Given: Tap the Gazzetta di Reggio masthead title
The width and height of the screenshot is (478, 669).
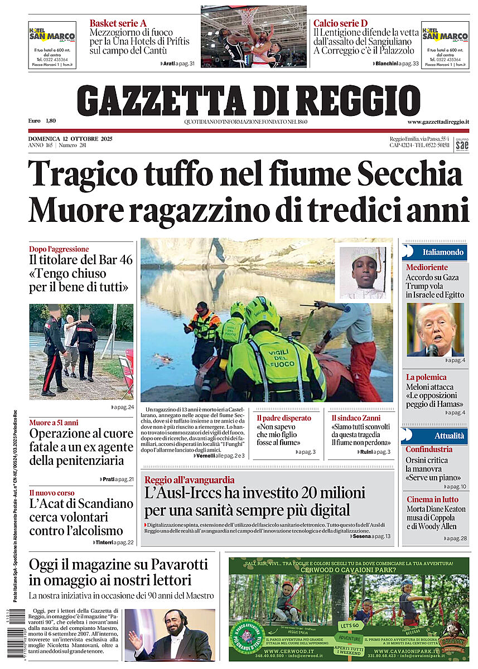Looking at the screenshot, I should point(249,100).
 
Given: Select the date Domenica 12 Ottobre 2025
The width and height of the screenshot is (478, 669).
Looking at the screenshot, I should point(70,139).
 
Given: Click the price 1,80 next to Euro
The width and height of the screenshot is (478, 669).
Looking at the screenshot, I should point(51,120).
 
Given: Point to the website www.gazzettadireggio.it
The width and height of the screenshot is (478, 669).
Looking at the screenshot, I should point(438,122).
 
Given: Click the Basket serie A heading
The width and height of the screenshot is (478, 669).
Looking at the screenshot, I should point(118,23).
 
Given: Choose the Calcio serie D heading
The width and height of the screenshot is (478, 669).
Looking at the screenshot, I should point(340,23).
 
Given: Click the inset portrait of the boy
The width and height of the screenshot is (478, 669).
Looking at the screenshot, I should point(363,273).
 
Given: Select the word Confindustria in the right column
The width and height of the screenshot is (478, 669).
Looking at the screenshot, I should point(429,449).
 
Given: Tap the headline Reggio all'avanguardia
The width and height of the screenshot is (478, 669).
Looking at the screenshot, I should point(189,480).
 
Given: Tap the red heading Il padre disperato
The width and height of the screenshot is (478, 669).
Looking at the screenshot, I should point(284,418).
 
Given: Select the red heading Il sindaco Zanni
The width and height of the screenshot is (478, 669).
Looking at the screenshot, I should point(356,418).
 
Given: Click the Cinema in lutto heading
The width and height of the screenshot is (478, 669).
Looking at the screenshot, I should point(432,500).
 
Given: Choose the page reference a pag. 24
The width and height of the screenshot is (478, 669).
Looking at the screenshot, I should point(123,408).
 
